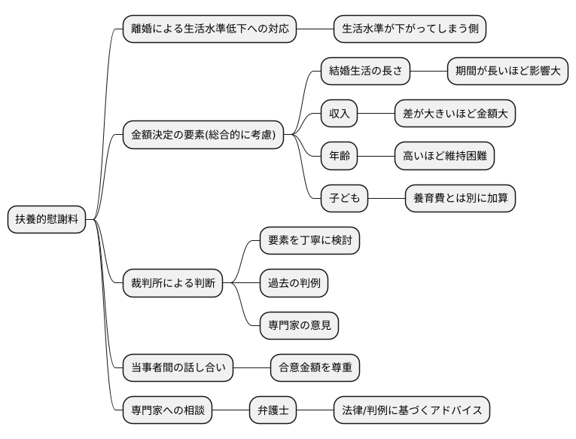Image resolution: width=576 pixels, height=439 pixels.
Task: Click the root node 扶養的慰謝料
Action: (x=46, y=219)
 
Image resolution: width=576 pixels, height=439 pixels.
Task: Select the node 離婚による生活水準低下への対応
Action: (x=209, y=29)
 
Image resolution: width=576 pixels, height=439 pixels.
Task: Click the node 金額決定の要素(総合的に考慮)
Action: (x=203, y=136)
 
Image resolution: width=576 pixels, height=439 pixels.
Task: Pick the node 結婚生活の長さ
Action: (x=365, y=72)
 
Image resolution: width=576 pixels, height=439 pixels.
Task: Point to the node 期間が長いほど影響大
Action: (x=507, y=72)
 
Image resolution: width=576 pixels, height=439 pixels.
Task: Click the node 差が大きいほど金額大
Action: (x=455, y=114)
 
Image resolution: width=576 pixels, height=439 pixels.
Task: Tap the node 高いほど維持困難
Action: (x=444, y=157)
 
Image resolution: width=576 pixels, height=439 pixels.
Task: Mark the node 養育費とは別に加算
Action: (x=460, y=199)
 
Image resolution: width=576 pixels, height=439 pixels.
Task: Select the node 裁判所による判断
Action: (x=172, y=283)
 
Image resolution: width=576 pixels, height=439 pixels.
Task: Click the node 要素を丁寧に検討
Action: (x=309, y=240)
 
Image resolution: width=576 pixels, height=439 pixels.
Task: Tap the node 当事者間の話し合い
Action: (x=178, y=368)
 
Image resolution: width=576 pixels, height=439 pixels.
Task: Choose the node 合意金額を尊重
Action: (x=315, y=368)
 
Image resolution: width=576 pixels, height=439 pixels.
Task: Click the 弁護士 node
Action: (x=273, y=411)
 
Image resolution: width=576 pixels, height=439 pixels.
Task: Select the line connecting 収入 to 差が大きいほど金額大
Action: (x=376, y=114)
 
